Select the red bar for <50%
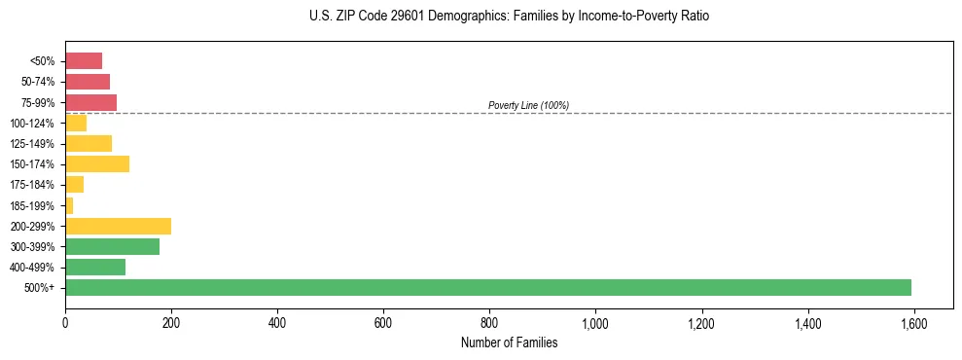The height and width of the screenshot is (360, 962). point(84,61)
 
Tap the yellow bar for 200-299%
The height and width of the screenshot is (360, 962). point(118,226)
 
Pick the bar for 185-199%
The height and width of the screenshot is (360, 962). point(69,205)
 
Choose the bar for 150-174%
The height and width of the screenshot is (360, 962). point(97,163)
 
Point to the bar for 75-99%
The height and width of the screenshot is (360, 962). point(90,102)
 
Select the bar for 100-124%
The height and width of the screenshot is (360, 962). point(76,123)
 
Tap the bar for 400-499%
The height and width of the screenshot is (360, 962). point(95,267)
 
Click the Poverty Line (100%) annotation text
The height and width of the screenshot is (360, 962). point(528,105)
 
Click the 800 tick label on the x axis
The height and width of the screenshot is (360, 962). point(489,322)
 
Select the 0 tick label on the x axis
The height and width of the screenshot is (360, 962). point(65,322)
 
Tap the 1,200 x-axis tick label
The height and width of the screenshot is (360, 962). point(701,322)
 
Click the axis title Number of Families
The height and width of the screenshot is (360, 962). point(509,342)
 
